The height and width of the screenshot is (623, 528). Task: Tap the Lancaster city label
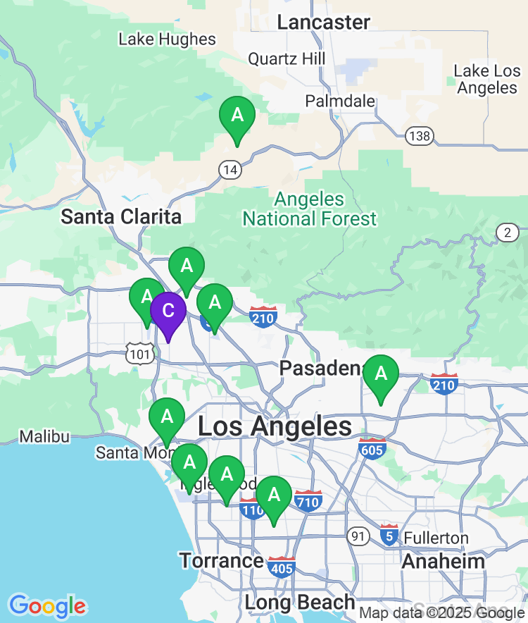coord(323,22)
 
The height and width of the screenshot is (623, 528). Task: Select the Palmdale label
coord(340,101)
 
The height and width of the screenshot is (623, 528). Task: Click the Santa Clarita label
coord(121,216)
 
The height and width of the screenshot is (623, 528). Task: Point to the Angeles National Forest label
coord(310,209)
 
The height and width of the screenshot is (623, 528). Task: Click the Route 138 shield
coord(420,136)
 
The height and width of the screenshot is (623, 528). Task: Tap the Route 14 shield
coord(229,169)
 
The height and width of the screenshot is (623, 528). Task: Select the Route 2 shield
coord(507,233)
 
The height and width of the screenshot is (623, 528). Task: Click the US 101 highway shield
coord(139,352)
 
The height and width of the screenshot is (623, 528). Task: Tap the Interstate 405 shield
coord(281,566)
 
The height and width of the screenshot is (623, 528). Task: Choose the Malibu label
coord(44,437)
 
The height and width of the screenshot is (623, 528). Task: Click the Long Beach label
coord(300,603)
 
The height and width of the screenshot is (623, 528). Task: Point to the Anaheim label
coord(443,561)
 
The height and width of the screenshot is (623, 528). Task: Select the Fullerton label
coord(436,538)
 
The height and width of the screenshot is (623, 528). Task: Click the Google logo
coord(48,605)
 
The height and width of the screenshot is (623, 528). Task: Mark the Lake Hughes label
coord(167,39)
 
